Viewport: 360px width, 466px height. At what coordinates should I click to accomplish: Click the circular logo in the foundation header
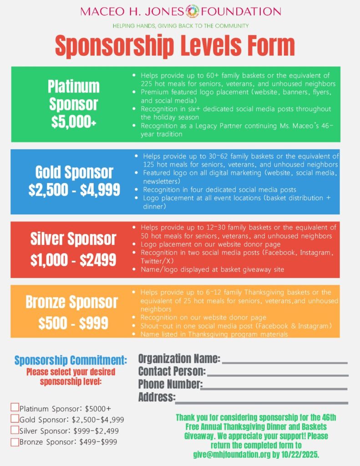point(193,11)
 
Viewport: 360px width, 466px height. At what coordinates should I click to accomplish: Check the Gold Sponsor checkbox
point(15,419)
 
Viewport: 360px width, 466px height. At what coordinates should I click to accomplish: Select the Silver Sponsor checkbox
point(15,430)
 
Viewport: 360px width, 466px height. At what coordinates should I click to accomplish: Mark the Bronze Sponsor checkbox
point(15,441)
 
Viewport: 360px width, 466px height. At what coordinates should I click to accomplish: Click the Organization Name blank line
point(284,362)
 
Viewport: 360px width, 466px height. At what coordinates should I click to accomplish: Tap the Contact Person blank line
point(278,375)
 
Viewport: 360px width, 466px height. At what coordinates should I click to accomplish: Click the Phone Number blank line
point(274,388)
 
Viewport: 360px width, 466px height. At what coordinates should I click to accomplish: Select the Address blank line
point(261,402)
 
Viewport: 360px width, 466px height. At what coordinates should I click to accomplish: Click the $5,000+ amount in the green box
point(73,122)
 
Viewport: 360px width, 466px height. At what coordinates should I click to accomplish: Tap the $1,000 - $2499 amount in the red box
point(73,260)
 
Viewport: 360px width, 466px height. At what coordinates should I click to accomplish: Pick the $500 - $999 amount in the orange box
point(73,323)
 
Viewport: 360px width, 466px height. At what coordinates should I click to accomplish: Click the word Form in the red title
point(268,46)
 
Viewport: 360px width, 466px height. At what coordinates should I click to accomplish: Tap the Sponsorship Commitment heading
point(71,360)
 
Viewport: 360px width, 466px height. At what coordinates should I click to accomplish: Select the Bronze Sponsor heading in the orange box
point(71,302)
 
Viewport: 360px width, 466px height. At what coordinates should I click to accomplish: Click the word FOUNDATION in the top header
point(241,11)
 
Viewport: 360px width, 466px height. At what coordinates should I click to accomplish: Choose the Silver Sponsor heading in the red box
point(73,238)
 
